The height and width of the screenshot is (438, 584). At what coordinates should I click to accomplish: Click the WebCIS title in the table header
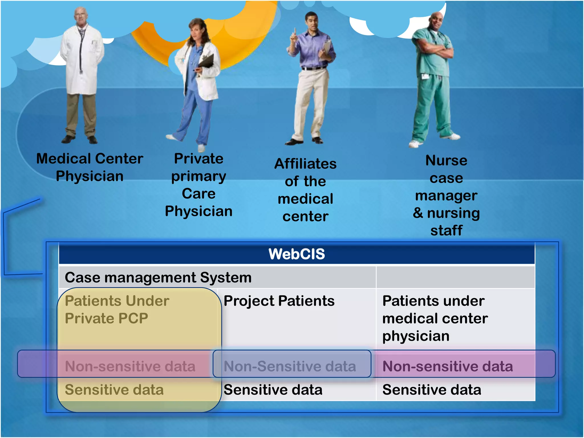[297, 254]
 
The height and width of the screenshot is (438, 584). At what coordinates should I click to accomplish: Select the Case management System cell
[158, 277]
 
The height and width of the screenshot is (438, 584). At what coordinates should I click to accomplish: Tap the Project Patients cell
[279, 301]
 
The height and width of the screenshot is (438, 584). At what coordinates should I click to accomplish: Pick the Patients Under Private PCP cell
[117, 310]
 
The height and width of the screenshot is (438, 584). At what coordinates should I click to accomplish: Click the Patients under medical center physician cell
[435, 318]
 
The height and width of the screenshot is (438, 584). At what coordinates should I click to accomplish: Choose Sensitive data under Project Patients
[273, 390]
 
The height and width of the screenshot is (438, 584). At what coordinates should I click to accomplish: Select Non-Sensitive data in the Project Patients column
[290, 366]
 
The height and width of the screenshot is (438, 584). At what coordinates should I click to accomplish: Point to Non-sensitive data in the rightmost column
[447, 366]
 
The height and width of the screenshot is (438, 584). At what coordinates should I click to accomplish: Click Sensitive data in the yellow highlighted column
[114, 390]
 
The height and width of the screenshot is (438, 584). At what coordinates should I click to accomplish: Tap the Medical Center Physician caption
[90, 167]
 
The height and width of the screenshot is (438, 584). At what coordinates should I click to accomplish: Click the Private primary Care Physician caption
[199, 185]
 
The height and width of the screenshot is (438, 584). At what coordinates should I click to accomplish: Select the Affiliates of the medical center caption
[305, 190]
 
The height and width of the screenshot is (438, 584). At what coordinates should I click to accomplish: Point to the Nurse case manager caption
[446, 195]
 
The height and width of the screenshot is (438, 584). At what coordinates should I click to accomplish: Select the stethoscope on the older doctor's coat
[82, 48]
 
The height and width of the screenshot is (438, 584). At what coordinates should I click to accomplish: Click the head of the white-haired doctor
[81, 16]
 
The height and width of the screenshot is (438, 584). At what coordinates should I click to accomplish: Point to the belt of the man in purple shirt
[314, 68]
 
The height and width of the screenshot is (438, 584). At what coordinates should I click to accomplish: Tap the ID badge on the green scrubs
[425, 76]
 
